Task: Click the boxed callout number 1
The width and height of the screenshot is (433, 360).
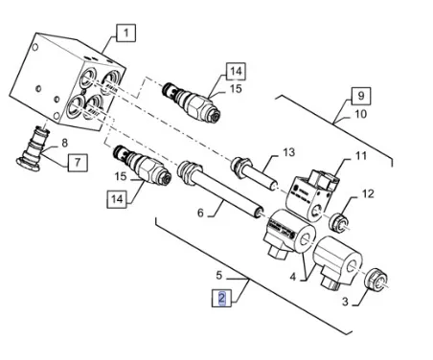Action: click(x=125, y=33)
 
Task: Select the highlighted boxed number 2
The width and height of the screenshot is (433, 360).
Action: click(x=221, y=298)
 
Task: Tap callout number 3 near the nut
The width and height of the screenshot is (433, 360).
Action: click(x=345, y=302)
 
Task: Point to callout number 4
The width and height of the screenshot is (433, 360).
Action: click(x=293, y=277)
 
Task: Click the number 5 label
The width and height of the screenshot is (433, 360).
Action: click(x=218, y=275)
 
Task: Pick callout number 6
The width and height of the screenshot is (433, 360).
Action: click(x=200, y=213)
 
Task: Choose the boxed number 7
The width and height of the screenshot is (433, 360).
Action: click(x=78, y=163)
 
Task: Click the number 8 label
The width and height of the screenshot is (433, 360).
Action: click(x=64, y=144)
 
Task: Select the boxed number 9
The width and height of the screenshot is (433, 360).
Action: click(x=361, y=96)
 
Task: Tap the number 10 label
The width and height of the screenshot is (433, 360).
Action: click(x=361, y=114)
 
